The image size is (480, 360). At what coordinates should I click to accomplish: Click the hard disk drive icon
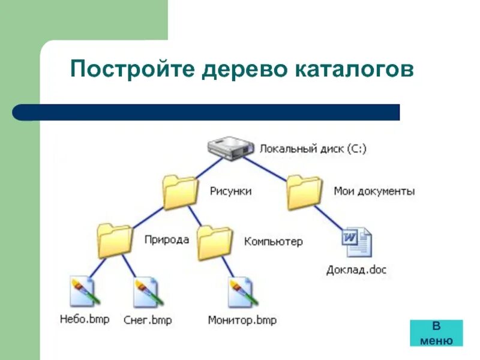(230, 148)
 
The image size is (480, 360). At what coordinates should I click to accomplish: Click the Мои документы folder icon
(305, 192)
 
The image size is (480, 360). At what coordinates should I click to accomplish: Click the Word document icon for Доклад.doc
(356, 243)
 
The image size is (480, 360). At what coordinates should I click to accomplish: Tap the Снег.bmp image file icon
(148, 292)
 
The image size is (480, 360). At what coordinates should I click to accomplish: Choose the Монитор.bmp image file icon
(242, 292)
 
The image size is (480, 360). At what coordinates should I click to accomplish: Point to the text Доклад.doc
(356, 270)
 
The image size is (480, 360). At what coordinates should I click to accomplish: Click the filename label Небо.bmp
(85, 319)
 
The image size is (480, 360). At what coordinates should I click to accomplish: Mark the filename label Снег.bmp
(148, 320)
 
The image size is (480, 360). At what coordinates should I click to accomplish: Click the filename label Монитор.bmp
(242, 320)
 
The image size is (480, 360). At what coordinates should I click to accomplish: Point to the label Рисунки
(230, 191)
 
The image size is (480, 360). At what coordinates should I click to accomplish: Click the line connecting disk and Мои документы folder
(270, 168)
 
